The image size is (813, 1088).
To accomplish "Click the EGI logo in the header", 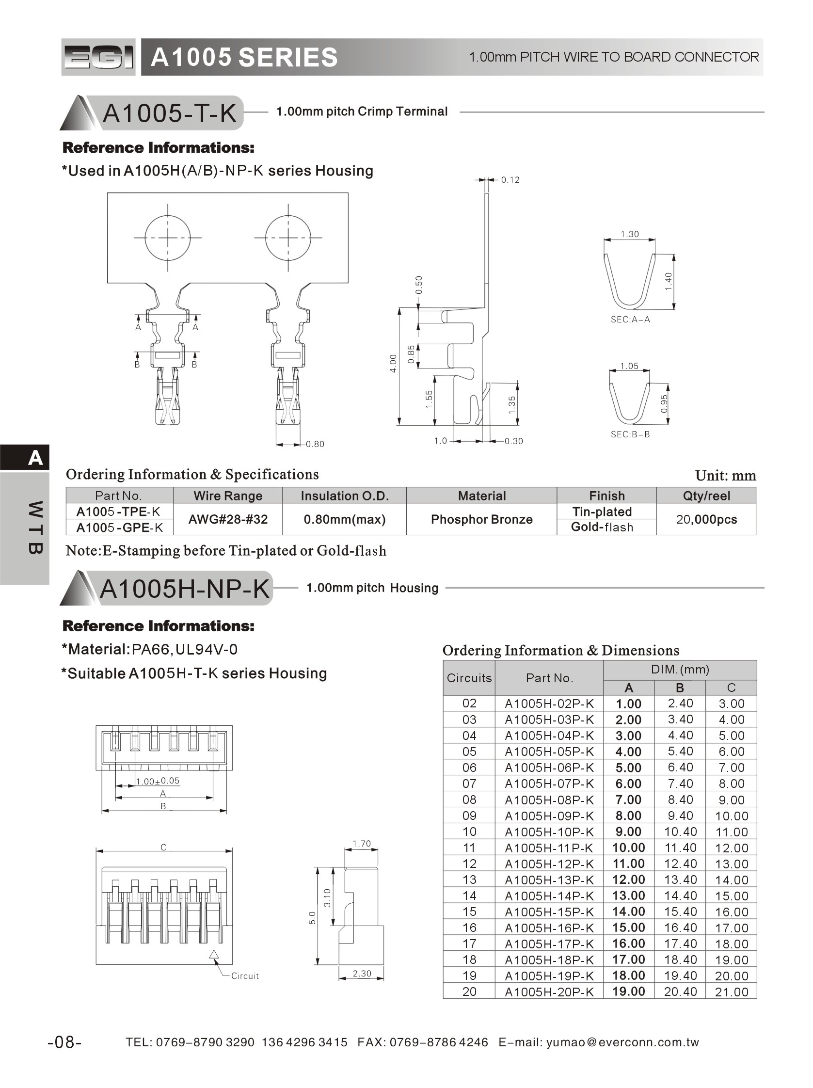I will [98, 57].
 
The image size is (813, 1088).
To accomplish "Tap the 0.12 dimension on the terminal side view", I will [510, 180].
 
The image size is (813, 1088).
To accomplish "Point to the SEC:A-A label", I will [630, 320].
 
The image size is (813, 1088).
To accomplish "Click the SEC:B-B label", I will [630, 434].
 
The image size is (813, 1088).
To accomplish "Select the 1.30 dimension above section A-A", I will [630, 234].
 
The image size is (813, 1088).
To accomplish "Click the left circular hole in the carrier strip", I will [168, 238].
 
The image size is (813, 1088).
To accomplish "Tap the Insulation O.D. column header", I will [344, 496].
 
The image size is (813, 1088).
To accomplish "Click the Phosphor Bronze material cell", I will [481, 519].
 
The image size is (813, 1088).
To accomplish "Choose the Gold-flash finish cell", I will [602, 528].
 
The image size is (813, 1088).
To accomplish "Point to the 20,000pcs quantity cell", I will [706, 519].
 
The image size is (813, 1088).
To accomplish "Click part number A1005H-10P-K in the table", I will [549, 832].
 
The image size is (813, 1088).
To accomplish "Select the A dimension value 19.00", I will [629, 991].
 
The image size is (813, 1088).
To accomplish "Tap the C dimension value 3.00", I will [732, 704].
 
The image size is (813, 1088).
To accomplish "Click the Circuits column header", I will [469, 678].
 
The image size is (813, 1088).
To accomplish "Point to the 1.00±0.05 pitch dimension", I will [158, 781].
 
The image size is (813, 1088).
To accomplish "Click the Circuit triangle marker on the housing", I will [214, 955].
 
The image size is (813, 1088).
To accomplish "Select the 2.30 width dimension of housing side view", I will [362, 974].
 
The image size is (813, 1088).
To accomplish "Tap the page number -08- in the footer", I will [64, 1042].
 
